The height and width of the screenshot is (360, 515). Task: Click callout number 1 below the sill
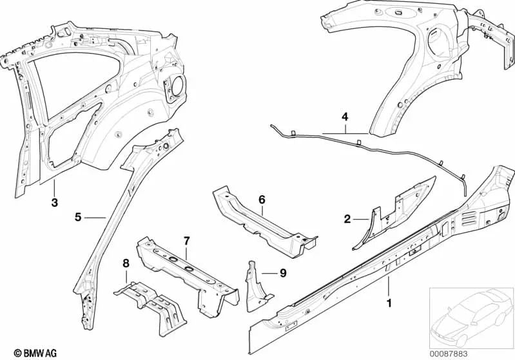388,301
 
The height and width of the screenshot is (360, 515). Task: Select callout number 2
347,220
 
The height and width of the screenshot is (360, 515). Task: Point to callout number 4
345,117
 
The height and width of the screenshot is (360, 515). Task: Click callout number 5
77,218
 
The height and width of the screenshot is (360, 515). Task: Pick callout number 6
262,200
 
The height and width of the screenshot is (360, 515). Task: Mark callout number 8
126,262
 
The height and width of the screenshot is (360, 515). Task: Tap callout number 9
282,272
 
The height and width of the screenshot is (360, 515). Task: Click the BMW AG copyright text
22,352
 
